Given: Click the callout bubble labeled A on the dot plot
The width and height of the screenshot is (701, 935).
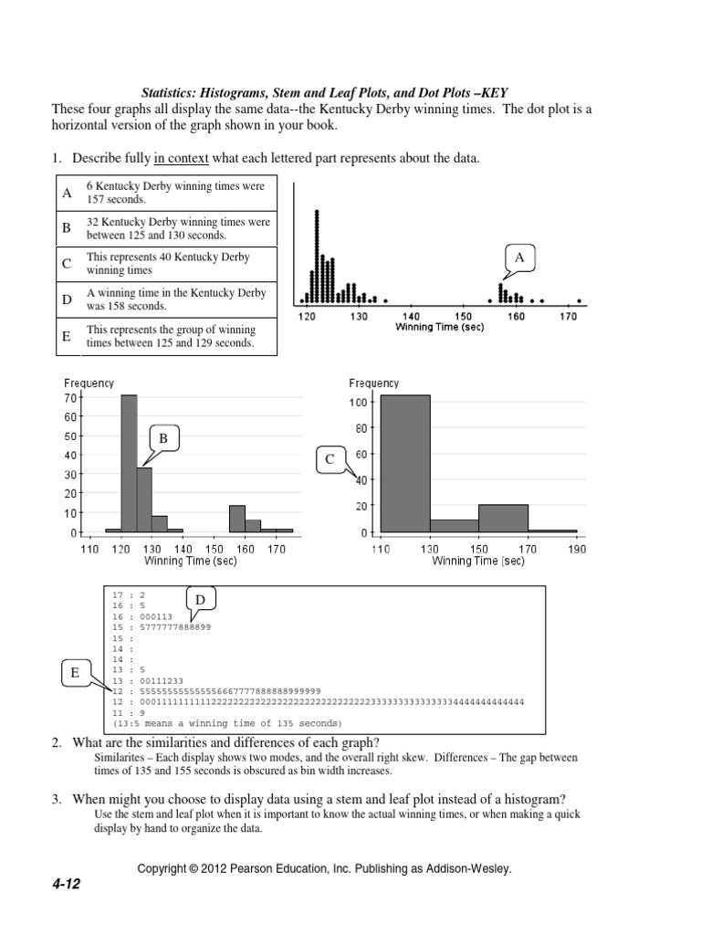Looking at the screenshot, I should click(519, 258).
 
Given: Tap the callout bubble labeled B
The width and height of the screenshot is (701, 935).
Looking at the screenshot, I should click(163, 439).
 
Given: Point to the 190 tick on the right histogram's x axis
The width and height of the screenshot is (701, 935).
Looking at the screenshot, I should click(577, 549).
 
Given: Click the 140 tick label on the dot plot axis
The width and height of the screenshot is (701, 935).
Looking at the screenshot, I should click(412, 316).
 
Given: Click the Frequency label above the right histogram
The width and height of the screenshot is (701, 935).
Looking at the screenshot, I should click(374, 383).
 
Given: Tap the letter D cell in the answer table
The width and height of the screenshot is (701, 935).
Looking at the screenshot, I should click(67, 299).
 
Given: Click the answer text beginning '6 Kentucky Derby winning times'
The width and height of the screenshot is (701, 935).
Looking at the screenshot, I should click(175, 192).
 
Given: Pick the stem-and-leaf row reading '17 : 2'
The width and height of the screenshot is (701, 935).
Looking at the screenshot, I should click(128, 594).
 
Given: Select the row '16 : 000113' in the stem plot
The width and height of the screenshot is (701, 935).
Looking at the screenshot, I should click(141, 616).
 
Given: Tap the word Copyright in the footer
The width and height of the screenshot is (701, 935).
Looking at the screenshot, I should click(161, 868).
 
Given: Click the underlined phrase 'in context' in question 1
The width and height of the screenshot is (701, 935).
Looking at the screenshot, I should click(182, 159).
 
